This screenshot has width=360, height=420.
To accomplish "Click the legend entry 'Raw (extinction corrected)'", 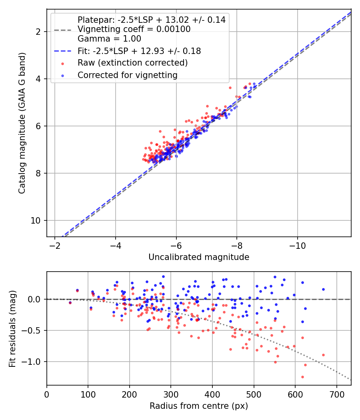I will coord(132,63).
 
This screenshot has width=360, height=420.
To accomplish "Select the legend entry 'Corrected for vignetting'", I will coord(128,75).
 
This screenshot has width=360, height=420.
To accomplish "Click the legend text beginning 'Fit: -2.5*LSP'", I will coord(139,51).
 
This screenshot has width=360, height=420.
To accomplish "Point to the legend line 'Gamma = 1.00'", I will coord(109,39).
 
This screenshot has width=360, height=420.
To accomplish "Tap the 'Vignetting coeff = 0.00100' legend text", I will coord(134,29).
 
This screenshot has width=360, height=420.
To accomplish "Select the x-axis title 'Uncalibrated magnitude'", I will coord(199,257).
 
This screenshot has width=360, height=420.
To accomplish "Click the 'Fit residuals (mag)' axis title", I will coord(12,328).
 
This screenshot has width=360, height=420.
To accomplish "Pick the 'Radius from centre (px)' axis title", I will coord(199,406).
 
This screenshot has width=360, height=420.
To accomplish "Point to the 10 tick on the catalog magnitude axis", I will coord(39,220).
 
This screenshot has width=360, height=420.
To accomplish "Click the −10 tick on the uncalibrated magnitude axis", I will coord(297,245).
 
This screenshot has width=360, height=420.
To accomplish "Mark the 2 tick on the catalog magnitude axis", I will coord(41,31).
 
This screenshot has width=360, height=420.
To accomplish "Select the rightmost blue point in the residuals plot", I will coord(323,289).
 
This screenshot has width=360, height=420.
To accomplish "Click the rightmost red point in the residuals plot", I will coord(323,355).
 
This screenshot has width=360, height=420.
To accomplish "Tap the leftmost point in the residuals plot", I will coord(70,303).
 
